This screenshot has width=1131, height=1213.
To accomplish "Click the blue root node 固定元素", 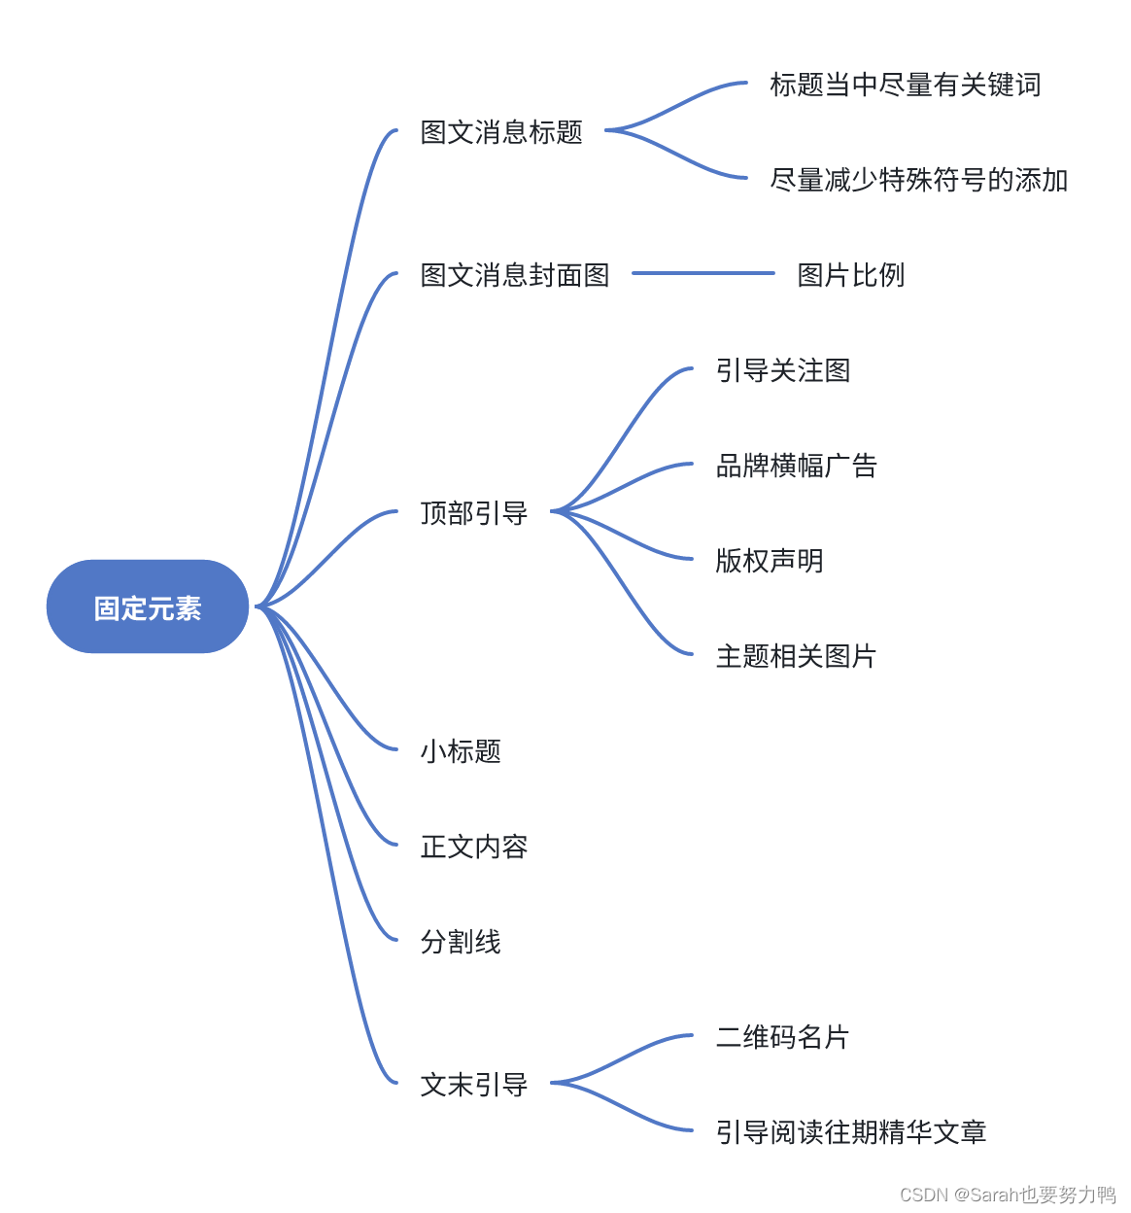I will (148, 607).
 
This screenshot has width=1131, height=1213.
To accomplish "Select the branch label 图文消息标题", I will (501, 132).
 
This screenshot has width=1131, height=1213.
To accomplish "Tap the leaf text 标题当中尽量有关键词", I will (905, 86).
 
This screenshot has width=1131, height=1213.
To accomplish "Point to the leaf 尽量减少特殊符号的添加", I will (918, 180).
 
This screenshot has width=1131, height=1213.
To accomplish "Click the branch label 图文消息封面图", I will (514, 275).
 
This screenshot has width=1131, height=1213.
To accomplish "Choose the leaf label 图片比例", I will (850, 275).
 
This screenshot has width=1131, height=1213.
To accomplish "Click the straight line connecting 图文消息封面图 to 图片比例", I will (703, 273).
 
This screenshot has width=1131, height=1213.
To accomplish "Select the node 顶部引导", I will (473, 512).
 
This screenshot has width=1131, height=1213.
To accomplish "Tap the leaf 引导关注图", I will (782, 370).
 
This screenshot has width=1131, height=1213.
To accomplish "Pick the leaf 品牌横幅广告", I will (796, 466).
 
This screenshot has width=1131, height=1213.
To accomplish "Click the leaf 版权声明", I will (769, 561).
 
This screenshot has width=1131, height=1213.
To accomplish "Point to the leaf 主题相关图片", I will (796, 656).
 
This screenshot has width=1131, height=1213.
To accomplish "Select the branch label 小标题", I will (460, 751).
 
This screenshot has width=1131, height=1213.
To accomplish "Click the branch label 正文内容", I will (473, 847).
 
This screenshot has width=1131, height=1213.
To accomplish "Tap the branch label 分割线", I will (460, 942).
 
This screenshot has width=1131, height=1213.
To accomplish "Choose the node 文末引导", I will (473, 1085).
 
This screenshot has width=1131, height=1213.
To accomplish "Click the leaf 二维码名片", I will (782, 1037).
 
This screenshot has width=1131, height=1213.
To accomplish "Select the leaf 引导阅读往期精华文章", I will (850, 1132).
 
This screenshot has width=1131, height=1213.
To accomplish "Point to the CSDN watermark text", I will (1008, 1195).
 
